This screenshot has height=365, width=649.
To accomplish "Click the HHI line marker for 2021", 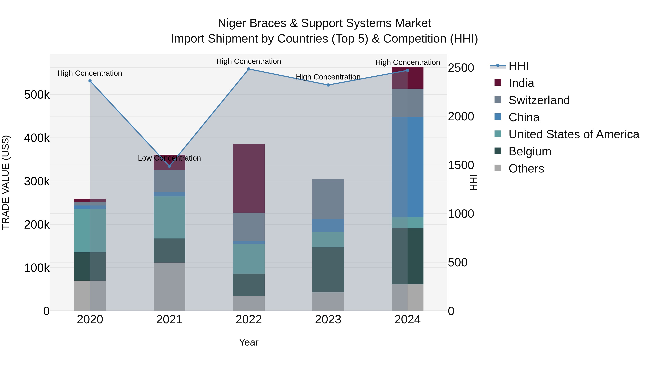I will click(169, 166).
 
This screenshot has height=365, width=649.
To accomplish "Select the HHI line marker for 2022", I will click(249, 69).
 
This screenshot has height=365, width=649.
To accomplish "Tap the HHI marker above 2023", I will click(328, 85).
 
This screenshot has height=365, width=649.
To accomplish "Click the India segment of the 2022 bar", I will click(249, 178).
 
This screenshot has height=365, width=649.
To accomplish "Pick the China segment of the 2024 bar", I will click(407, 167).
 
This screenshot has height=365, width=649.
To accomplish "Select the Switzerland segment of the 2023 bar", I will click(328, 199).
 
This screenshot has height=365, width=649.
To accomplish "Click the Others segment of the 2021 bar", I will click(169, 287).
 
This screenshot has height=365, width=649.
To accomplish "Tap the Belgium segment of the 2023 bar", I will click(328, 270).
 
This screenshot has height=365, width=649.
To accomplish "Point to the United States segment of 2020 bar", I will click(90, 231).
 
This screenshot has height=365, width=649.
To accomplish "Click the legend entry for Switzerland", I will click(539, 100).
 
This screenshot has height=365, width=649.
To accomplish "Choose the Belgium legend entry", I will click(530, 151).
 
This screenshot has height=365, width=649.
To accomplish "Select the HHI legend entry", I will click(518, 66).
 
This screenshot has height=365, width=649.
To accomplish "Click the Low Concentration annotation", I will click(169, 158).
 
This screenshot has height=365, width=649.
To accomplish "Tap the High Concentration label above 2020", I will click(90, 73).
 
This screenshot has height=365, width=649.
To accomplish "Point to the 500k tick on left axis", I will click(37, 95).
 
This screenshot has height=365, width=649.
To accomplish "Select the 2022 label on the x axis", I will click(249, 320).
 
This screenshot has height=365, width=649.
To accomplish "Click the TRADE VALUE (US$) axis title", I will click(6, 182).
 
